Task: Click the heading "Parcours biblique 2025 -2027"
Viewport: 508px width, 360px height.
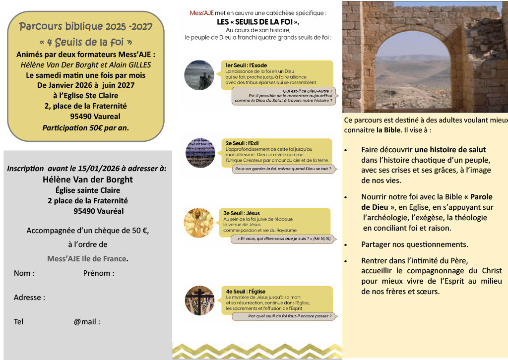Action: click(x=86, y=26)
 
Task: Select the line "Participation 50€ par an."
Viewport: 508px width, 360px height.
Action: click(x=86, y=127)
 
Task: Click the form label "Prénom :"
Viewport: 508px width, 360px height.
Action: click(x=99, y=273)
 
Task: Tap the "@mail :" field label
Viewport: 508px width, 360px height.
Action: click(x=87, y=322)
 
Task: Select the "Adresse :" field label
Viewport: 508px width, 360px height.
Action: click(x=29, y=298)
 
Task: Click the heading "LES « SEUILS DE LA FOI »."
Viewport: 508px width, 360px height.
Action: click(x=258, y=22)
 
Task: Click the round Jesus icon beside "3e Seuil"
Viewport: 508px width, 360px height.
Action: click(x=198, y=222)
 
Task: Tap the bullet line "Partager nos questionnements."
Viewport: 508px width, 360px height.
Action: click(x=414, y=244)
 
